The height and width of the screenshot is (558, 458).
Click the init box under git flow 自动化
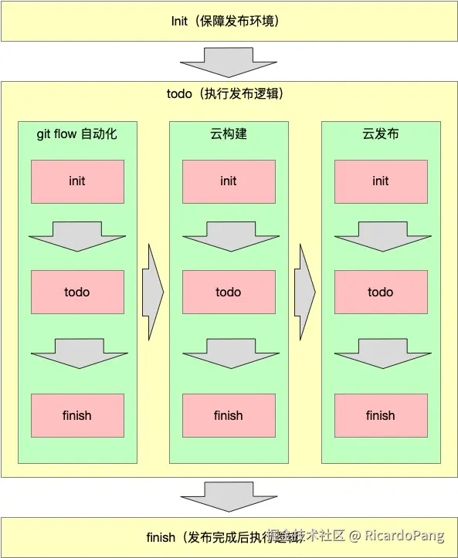[77, 181]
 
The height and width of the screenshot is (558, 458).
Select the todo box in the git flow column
[77, 292]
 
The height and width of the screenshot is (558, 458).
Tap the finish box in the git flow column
[77, 415]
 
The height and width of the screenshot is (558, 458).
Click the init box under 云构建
[229, 181]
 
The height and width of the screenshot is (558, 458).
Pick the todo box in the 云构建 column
[229, 292]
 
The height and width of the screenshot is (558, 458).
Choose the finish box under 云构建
[229, 415]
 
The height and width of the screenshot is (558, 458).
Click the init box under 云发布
[381, 181]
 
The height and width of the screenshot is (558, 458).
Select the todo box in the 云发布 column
[381, 292]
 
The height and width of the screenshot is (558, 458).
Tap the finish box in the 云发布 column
[381, 415]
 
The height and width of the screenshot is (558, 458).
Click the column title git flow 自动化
[77, 134]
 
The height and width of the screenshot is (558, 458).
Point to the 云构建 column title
[229, 134]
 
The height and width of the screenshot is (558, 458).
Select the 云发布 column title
[381, 134]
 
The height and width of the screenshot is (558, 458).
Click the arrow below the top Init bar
[229, 62]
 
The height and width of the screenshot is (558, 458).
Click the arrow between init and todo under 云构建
[229, 236]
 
